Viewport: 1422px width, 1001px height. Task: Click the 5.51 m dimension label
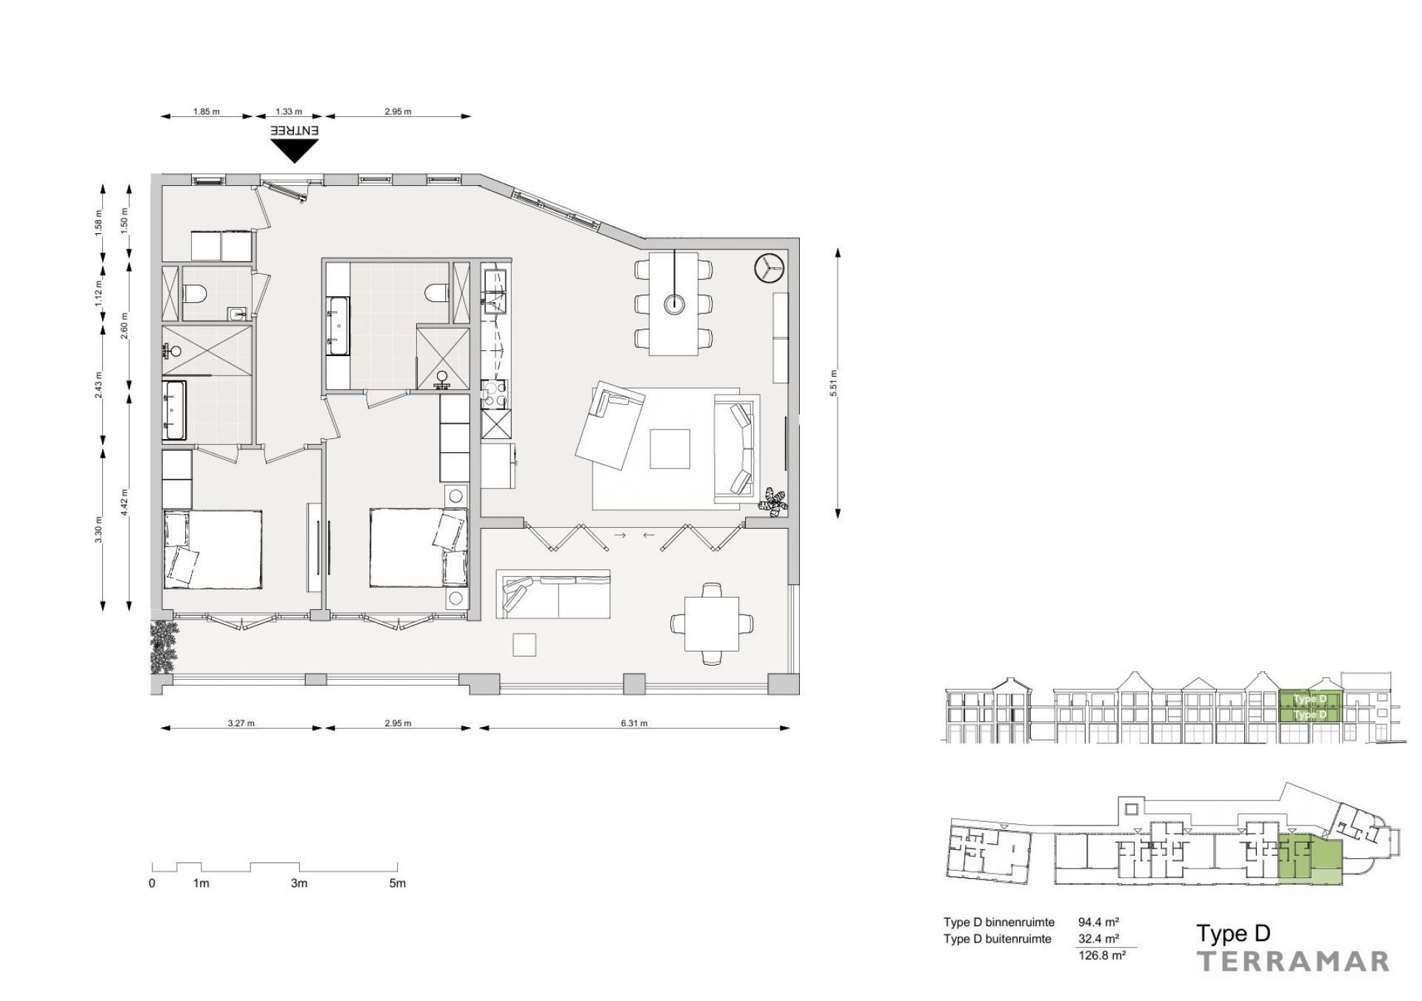pyautogui.click(x=833, y=384)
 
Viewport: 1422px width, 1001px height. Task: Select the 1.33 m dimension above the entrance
pyautogui.click(x=289, y=112)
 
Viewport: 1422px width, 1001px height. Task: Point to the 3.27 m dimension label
pyautogui.click(x=242, y=723)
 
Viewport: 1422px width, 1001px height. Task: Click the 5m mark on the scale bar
pyautogui.click(x=398, y=883)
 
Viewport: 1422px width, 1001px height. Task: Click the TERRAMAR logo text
pyautogui.click(x=1293, y=961)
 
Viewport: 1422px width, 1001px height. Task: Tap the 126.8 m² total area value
pyautogui.click(x=1102, y=955)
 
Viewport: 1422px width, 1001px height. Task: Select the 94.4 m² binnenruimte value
pyautogui.click(x=1098, y=923)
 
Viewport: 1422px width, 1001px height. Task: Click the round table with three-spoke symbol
pyautogui.click(x=768, y=268)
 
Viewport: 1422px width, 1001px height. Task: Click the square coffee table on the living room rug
pyautogui.click(x=670, y=449)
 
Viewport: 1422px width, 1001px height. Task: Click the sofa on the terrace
pyautogui.click(x=553, y=594)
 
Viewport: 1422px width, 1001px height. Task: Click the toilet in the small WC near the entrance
pyautogui.click(x=196, y=294)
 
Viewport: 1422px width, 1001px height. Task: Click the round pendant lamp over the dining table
pyautogui.click(x=675, y=304)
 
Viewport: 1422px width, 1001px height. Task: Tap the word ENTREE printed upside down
pyautogui.click(x=295, y=130)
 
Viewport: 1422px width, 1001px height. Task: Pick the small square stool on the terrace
pyautogui.click(x=525, y=645)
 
